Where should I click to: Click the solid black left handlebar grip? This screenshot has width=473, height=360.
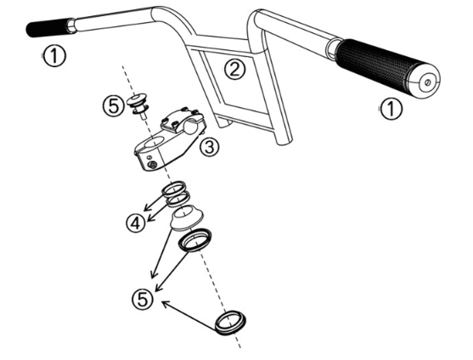pos(50,27)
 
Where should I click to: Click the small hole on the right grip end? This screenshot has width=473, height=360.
pos(427,82)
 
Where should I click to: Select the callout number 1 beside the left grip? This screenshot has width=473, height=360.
pos(54,56)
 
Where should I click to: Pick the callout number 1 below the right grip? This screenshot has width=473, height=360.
pos(391,109)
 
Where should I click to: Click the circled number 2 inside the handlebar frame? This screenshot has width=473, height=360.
pos(234,69)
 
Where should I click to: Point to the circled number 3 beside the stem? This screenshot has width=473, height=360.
pos(209,147)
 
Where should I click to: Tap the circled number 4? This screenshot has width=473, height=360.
pos(136,223)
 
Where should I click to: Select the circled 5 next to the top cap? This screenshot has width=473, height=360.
pos(114,106)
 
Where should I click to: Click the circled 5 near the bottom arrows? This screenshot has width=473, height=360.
pos(143,300)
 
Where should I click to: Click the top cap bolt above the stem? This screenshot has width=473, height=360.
pos(138,105)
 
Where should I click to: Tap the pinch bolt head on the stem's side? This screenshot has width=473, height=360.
pos(153,165)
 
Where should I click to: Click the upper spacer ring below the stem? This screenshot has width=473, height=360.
pos(173,188)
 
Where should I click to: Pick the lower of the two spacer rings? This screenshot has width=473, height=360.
pos(178,199)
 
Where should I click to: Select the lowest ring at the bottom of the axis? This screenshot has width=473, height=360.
pos(230,323)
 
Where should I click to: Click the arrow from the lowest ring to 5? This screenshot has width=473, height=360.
pos(190,315)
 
